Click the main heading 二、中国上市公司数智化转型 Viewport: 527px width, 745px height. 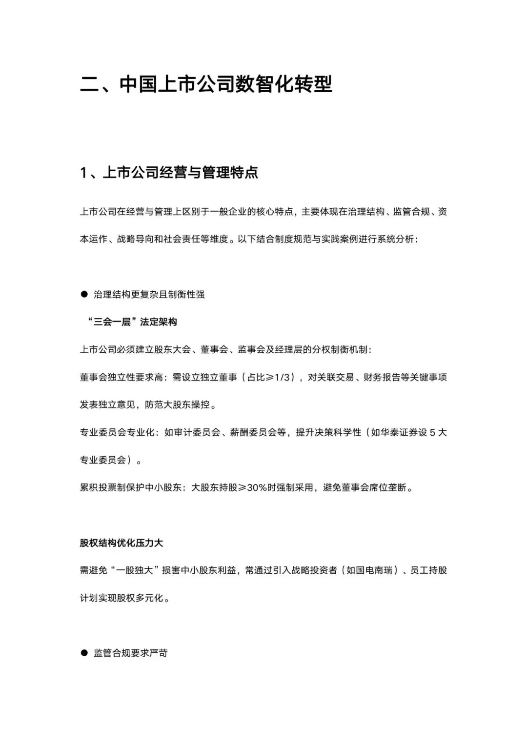click(206, 84)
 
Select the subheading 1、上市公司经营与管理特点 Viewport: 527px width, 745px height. click(169, 172)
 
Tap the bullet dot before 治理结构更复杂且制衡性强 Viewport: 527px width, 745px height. click(83, 294)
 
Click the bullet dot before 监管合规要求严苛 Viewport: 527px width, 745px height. click(83, 652)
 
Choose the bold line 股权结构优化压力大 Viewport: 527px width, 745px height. click(122, 543)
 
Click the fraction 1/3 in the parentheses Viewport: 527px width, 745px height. click(283, 377)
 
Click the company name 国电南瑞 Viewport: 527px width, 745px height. click(369, 570)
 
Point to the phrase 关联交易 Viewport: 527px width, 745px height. click(335, 377)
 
